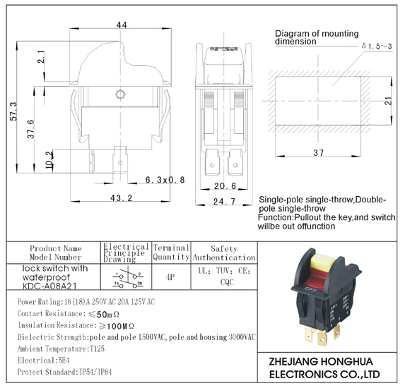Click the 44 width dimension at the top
122,25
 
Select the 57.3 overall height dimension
13,111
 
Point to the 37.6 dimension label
30,129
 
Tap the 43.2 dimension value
121,198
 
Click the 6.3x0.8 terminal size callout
165,180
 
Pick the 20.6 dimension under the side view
225,186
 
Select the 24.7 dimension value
224,201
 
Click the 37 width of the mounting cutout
318,152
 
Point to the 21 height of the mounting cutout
388,101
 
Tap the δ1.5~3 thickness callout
377,46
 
